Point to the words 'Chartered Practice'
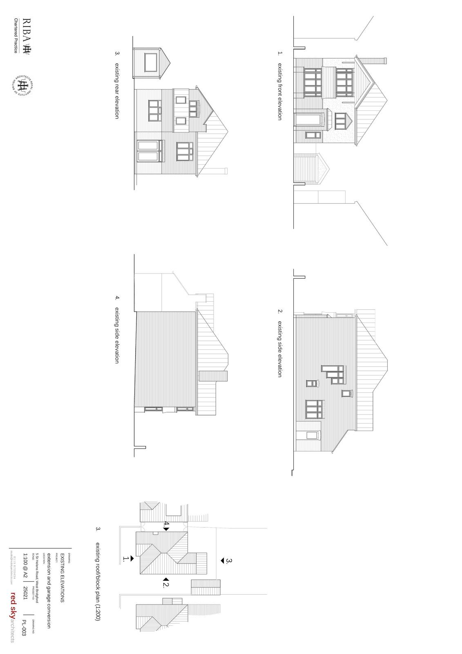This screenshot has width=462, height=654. click(16, 36)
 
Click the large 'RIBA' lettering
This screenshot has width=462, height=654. click(26, 31)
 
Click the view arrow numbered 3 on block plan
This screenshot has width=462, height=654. click(222, 560)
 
